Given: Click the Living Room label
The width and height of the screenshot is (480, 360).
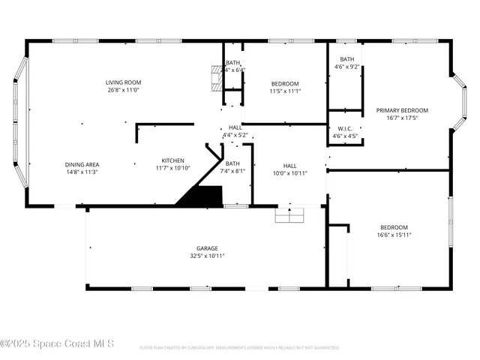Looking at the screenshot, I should tap(123, 82).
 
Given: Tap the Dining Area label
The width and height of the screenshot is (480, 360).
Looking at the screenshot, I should tap(82, 164).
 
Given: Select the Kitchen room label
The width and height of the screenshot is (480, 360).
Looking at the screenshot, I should tap(173, 160).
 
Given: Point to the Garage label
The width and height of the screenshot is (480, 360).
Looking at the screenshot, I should tap(208, 248).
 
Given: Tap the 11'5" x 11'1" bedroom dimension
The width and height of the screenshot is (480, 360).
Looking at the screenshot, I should tap(285, 91).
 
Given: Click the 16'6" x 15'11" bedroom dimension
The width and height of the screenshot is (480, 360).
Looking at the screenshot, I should tap(393, 235).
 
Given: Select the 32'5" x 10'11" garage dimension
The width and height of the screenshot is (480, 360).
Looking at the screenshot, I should tap(208, 256).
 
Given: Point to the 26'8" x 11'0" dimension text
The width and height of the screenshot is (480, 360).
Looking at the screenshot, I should tap(123, 90).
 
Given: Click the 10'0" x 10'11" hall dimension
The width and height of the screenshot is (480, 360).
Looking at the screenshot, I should tap(289, 172).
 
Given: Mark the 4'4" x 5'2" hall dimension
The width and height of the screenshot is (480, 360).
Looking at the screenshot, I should tap(235, 135).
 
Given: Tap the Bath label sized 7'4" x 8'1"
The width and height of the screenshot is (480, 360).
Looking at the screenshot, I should tap(232, 163).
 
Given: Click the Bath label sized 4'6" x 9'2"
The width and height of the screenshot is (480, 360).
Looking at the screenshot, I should tap(346, 59).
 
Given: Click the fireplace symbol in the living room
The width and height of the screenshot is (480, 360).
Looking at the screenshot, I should tap(217, 78).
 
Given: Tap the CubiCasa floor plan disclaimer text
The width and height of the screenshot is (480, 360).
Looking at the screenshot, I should tap(239, 347).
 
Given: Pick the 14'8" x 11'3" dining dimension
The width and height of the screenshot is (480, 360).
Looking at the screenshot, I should tap(82, 172).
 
